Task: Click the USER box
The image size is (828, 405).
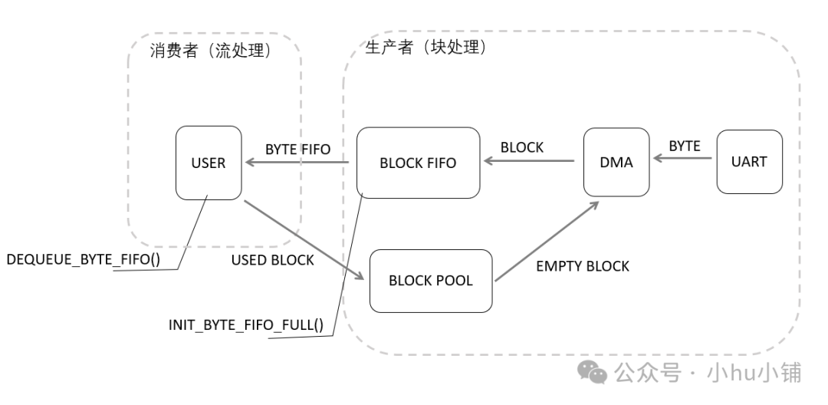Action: click(209, 163)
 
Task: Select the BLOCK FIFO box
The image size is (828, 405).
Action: click(418, 163)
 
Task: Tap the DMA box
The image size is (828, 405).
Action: click(616, 162)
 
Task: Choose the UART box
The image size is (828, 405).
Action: click(749, 162)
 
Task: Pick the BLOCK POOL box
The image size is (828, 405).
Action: click(430, 281)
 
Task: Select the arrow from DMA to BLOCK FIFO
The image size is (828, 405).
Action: click(529, 161)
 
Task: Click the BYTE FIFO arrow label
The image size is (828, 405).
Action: click(297, 149)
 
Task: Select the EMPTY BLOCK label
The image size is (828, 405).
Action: click(583, 266)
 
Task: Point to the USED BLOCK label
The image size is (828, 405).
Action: click(272, 260)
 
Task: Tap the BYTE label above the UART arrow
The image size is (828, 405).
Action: click(684, 146)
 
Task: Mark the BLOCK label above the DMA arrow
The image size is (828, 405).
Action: click(521, 147)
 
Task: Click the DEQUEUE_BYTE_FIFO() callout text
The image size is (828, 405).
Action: click(83, 259)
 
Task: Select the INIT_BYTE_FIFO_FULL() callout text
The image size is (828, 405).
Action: click(245, 324)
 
